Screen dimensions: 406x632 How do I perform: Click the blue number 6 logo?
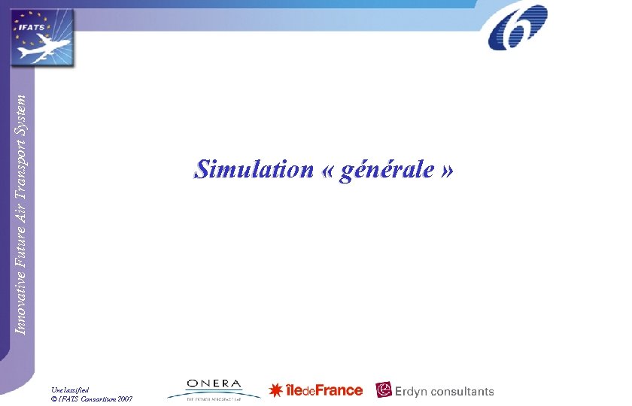click(x=518, y=26)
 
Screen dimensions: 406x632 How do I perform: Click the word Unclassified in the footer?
click(x=70, y=389)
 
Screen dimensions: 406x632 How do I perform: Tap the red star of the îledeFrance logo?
click(x=276, y=391)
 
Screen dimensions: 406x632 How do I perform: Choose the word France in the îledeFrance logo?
click(x=338, y=390)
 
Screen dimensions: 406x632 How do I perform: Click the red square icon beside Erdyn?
click(x=384, y=390)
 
